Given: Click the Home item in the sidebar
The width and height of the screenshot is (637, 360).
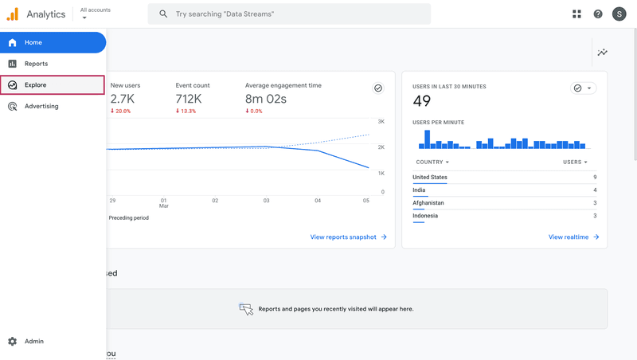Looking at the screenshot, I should (x=33, y=42).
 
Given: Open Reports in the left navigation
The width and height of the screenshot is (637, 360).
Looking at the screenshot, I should (x=36, y=64).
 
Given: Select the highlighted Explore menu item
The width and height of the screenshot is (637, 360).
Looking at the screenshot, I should (x=36, y=85).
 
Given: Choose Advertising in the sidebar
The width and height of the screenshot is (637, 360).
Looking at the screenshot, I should (x=41, y=106).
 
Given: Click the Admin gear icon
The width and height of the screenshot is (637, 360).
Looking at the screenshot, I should (x=12, y=341).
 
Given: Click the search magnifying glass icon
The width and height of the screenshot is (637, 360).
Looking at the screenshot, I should (x=163, y=14).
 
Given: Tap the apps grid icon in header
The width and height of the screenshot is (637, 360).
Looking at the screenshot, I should (x=576, y=14).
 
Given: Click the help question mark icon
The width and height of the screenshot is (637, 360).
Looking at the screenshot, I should (x=598, y=14).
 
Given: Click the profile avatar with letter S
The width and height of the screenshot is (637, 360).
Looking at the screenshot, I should (x=619, y=14).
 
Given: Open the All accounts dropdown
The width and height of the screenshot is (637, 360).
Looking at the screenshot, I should (x=95, y=14).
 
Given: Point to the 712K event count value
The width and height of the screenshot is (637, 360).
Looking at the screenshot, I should (x=189, y=99).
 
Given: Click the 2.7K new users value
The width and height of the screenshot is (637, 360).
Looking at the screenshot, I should (x=123, y=99).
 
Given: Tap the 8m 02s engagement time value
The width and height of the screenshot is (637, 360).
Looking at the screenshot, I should (x=266, y=99).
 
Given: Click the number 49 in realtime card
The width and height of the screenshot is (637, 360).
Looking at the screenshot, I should (x=422, y=100).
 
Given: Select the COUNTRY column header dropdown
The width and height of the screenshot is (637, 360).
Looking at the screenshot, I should (x=432, y=162).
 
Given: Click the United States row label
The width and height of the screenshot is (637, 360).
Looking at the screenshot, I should (x=430, y=178).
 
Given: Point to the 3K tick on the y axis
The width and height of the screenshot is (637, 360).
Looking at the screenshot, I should (x=381, y=122).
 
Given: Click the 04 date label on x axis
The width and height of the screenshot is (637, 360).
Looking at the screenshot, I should (x=318, y=201).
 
